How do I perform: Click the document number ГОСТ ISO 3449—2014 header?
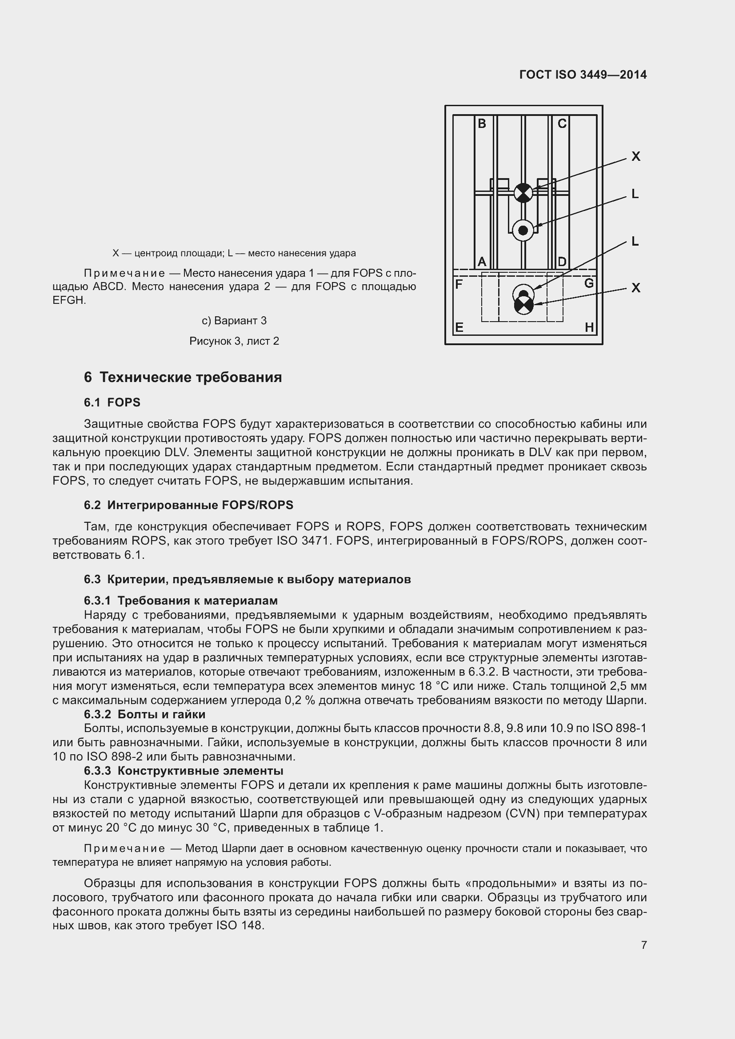583,75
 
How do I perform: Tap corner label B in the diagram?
482,123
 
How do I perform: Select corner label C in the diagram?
562,123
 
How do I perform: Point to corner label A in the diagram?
482,262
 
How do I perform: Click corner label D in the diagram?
562,262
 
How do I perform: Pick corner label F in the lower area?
459,284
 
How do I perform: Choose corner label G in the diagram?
589,283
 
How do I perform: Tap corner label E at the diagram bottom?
459,327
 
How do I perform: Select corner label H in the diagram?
589,327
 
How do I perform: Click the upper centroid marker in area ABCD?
523,193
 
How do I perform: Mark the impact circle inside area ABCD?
523,231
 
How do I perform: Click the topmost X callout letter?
635,156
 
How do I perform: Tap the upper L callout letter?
635,194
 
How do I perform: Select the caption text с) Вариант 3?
234,321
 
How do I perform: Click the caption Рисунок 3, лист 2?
234,341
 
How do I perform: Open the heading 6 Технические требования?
183,377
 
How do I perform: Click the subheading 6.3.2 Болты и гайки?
144,714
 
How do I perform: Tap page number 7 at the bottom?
643,945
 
